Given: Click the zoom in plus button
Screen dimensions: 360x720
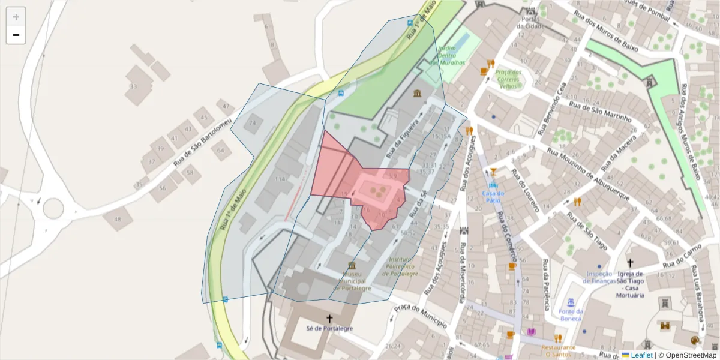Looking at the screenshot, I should [x=16, y=17].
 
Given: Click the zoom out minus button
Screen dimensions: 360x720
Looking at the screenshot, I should [x=16, y=35].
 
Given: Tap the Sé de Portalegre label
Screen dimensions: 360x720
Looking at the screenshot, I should [x=329, y=329].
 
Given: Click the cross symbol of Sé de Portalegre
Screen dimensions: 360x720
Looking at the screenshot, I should [x=329, y=318].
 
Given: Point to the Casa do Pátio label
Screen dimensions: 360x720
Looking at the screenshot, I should [x=493, y=197].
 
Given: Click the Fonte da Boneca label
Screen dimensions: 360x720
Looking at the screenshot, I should [x=570, y=314].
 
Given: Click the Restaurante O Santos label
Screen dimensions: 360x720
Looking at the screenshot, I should [x=558, y=350].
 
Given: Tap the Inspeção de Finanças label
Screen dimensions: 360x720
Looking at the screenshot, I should [x=601, y=277].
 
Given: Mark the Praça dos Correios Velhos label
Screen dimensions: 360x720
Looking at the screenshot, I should [x=508, y=79].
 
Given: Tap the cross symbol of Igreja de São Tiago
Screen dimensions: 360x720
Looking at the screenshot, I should [x=630, y=263].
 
